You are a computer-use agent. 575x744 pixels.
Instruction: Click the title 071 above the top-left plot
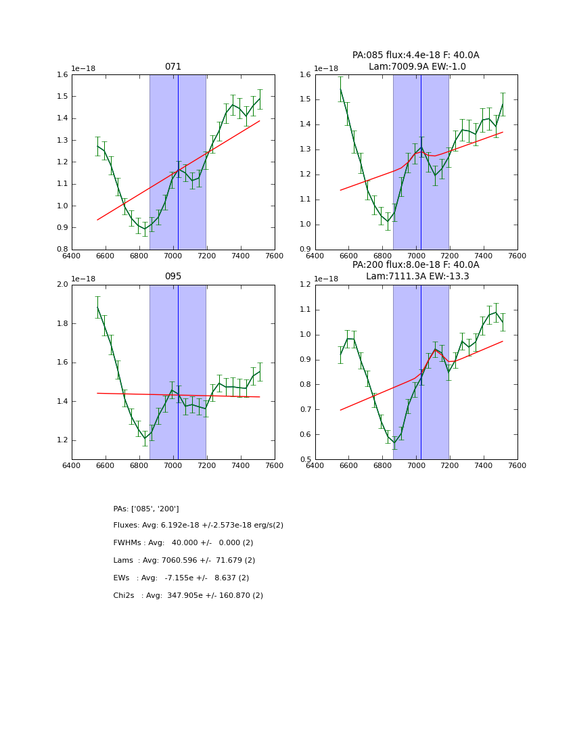click(173, 67)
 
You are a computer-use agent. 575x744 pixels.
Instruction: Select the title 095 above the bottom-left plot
click(173, 277)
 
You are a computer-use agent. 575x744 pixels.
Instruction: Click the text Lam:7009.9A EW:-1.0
click(417, 66)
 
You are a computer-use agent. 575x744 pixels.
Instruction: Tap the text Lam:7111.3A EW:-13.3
click(417, 276)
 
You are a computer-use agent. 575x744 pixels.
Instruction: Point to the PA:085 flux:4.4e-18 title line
click(415, 55)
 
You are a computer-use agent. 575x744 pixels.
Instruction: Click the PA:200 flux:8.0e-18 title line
click(415, 265)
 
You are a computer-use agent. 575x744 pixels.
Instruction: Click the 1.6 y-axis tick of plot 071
click(62, 75)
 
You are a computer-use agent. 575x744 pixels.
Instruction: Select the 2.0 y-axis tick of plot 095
click(62, 285)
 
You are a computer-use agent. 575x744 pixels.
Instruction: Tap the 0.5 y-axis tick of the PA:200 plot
click(306, 460)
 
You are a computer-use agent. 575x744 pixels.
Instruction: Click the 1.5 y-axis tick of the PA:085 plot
click(306, 99)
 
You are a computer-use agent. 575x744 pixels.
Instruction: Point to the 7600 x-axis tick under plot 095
click(274, 465)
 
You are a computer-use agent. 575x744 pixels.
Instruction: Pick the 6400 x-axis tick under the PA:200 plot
click(315, 465)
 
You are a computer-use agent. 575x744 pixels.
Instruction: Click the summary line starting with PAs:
click(146, 509)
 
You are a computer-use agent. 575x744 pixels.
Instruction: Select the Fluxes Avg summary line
click(198, 526)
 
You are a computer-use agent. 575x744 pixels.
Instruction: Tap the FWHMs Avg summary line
click(183, 543)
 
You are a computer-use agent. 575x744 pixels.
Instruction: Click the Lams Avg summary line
click(184, 561)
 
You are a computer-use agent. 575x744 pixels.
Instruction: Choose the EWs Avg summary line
click(181, 578)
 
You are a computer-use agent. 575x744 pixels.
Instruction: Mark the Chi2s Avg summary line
click(188, 596)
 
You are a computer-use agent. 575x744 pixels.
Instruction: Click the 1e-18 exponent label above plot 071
click(84, 68)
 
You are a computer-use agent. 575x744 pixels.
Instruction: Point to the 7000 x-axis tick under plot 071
click(173, 256)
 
